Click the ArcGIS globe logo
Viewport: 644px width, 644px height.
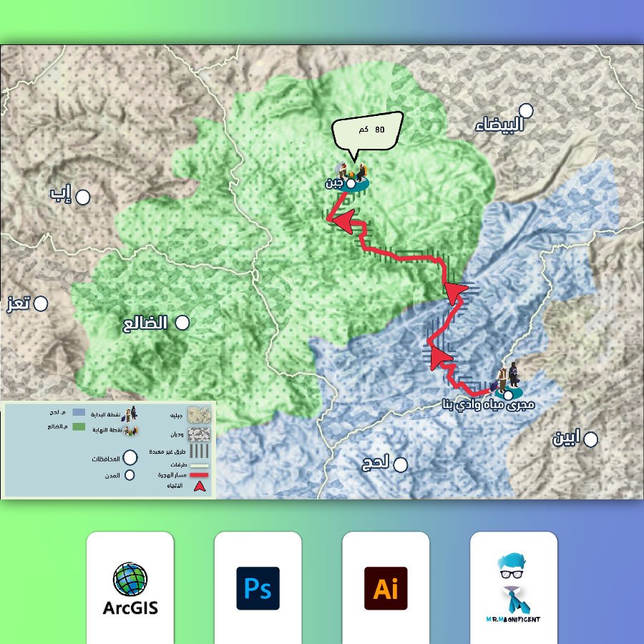[x=130, y=580]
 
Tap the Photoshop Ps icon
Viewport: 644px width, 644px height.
[x=258, y=588]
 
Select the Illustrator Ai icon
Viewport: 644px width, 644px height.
[x=386, y=588]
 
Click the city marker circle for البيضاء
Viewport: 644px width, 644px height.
[x=527, y=110]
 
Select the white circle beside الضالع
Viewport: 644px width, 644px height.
[x=182, y=323]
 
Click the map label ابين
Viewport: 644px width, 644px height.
[x=565, y=438]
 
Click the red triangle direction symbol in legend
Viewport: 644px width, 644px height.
[x=201, y=487]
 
